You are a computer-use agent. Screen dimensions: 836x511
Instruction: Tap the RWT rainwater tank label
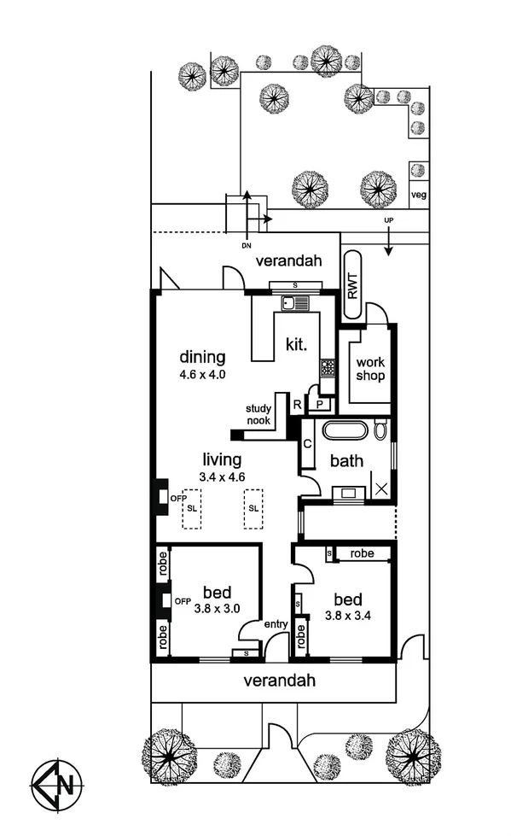click(x=351, y=277)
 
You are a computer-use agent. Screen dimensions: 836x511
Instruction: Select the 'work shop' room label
click(x=370, y=369)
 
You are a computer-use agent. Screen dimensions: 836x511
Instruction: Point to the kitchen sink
click(x=295, y=302)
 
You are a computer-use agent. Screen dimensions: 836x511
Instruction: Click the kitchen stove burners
click(x=328, y=367)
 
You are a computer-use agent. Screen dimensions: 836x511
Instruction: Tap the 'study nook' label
click(x=258, y=414)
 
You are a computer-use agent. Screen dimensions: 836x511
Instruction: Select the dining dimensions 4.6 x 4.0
click(x=202, y=374)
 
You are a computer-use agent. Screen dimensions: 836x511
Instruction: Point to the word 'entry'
click(x=276, y=624)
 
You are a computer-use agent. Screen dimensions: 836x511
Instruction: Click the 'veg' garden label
click(x=418, y=195)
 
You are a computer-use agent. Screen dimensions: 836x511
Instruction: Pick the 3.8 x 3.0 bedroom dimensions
click(x=218, y=609)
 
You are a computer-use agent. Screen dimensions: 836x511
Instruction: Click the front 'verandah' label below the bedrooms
click(x=280, y=681)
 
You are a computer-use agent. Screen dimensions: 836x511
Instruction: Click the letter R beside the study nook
click(x=296, y=404)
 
